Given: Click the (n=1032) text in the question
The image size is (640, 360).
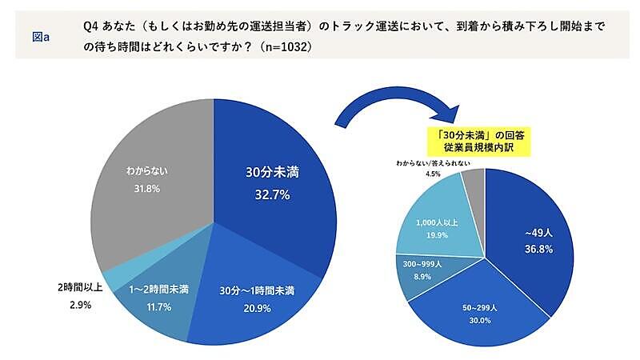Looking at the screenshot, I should tap(285, 47).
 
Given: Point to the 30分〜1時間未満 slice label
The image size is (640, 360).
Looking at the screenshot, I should tap(258, 290).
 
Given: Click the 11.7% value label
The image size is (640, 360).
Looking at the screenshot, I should tap(157, 307).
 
